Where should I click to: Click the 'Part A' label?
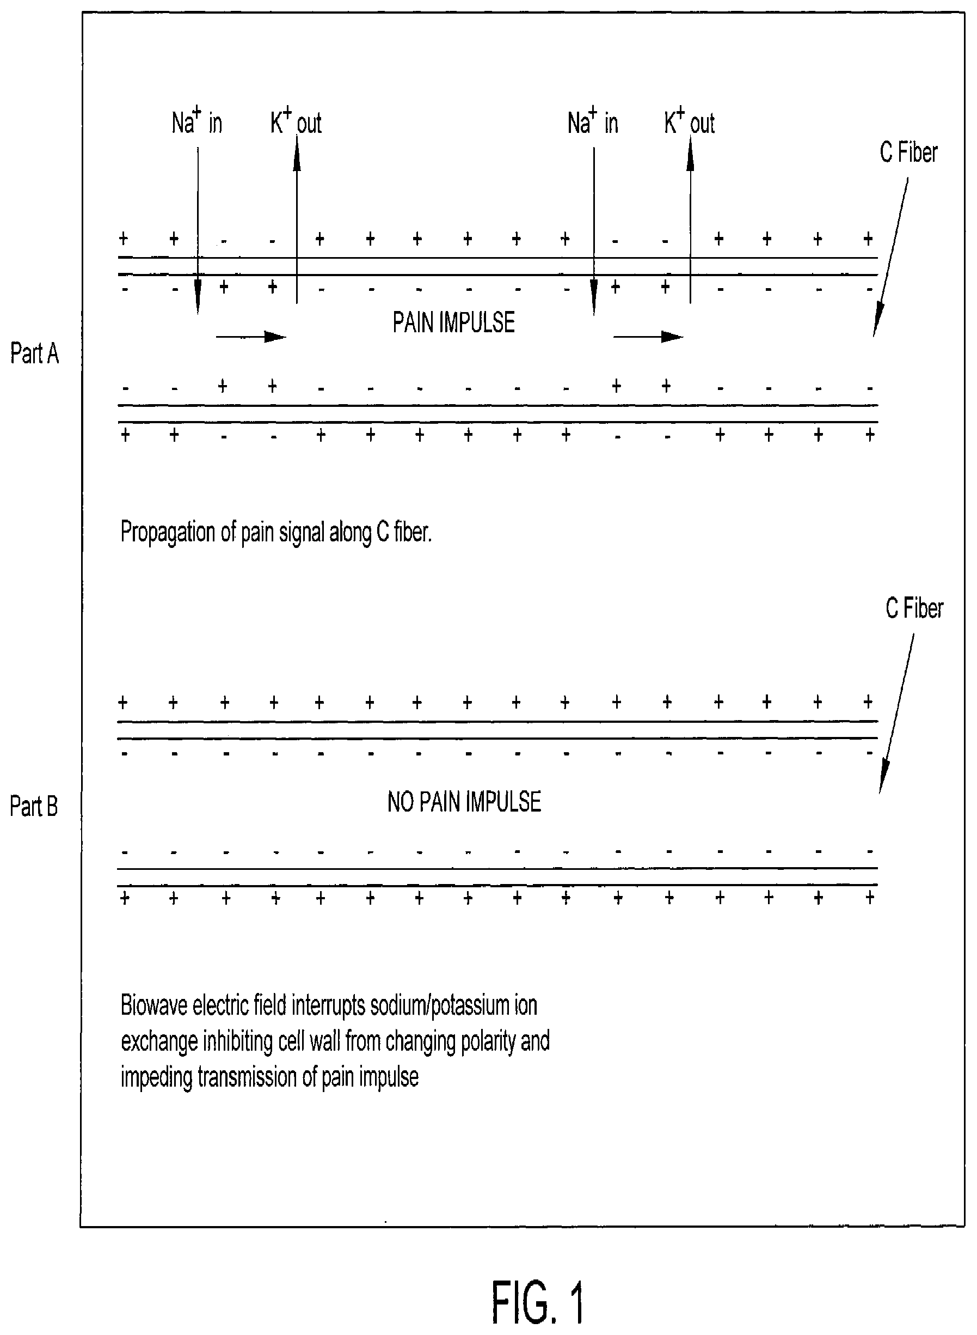[x=35, y=353]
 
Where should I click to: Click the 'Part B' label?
[x=34, y=806]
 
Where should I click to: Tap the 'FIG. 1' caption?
[x=539, y=1303]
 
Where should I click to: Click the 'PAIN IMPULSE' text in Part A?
[x=453, y=322]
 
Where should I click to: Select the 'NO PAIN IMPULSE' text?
[x=464, y=802]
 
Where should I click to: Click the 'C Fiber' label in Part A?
[x=908, y=152]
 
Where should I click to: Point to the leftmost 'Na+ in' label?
[x=197, y=121]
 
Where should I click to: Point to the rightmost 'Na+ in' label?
[x=593, y=121]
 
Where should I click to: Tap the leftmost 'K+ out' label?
[x=296, y=121]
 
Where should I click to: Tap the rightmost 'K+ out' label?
[x=689, y=121]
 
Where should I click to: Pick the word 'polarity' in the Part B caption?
[x=488, y=1042]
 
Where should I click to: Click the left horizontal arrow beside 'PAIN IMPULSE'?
[x=251, y=337]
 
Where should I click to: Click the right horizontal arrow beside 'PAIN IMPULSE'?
[x=648, y=337]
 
